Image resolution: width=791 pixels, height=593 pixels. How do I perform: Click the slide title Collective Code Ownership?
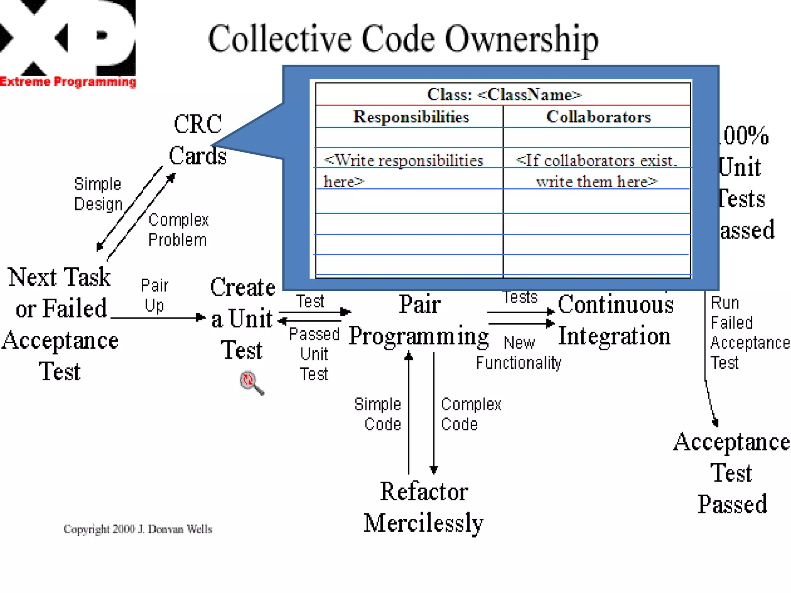[x=403, y=39]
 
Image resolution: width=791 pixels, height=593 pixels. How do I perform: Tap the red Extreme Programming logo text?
[x=68, y=82]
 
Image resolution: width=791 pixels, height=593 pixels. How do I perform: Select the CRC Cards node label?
[x=198, y=140]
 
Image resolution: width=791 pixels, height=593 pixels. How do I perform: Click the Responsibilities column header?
[x=411, y=117]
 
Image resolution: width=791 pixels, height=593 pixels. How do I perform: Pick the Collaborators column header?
[x=598, y=117]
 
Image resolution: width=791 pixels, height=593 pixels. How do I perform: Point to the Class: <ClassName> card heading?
[x=504, y=95]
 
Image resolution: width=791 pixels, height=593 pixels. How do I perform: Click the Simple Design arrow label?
[x=98, y=194]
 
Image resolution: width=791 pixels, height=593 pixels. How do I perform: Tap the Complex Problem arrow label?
[x=178, y=230]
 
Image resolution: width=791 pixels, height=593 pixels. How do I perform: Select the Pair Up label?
[x=154, y=296]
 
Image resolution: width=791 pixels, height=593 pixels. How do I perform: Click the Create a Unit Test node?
[x=242, y=319]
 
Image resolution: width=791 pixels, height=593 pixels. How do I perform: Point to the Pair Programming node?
[x=419, y=320]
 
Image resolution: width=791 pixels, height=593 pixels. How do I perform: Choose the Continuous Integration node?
[x=615, y=320]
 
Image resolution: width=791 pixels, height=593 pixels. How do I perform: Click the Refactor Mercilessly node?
[x=424, y=507]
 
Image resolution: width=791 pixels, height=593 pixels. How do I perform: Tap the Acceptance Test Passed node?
[x=732, y=473]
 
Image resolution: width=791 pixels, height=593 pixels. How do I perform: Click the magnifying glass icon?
[x=251, y=383]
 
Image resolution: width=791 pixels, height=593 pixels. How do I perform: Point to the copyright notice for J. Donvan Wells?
[x=138, y=529]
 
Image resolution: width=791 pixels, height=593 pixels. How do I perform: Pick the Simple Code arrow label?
[x=378, y=414]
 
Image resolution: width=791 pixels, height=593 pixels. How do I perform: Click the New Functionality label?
[x=519, y=353]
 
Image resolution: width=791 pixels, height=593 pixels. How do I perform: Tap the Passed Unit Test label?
[x=314, y=354]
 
